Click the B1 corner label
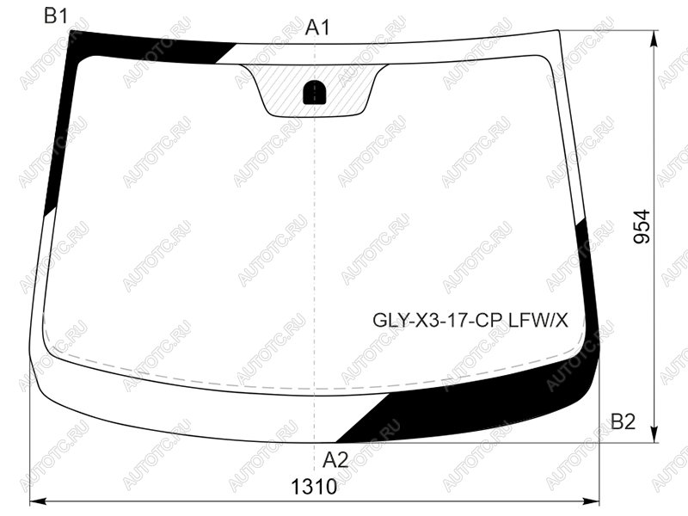coord(56,16)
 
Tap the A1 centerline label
coord(317,28)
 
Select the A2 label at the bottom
coord(335,460)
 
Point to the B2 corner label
coord(623,422)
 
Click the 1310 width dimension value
coord(314,487)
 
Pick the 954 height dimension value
coord(642,226)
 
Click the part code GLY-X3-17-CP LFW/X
coord(470,321)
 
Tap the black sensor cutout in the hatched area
coord(315,93)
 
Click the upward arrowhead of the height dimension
coord(654,39)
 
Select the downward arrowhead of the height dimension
coord(654,433)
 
